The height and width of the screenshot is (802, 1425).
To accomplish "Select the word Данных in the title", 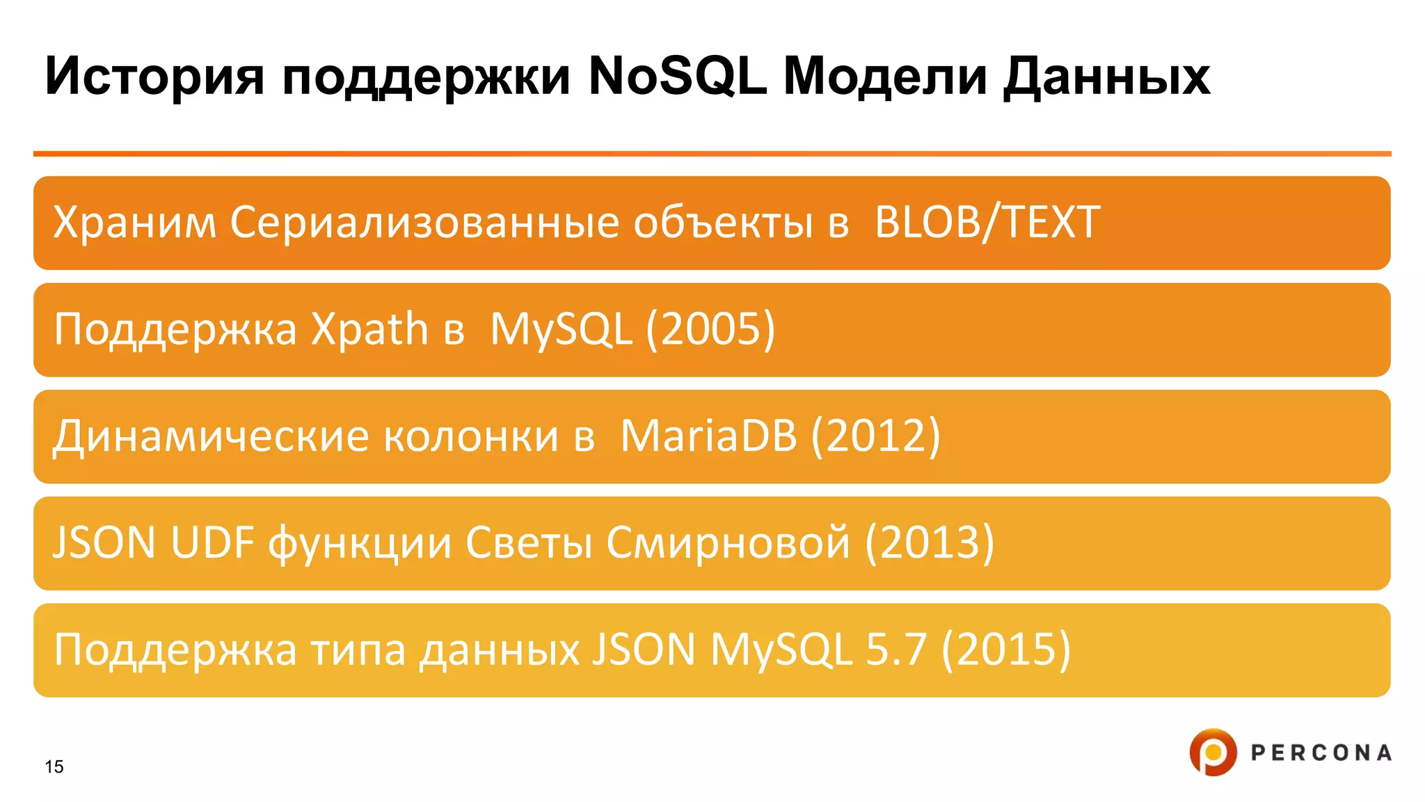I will tap(1106, 77).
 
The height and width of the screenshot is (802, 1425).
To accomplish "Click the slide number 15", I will tap(54, 766).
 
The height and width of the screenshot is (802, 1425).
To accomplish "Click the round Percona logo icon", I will tap(1213, 752).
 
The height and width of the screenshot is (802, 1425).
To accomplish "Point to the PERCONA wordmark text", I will tap(1321, 753).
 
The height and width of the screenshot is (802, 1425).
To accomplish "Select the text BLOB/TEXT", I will tap(987, 223).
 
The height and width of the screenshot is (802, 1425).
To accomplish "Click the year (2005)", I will tap(710, 329).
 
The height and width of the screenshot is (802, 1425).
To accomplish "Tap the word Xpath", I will tap(369, 329).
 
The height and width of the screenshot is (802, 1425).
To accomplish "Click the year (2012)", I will tap(876, 437).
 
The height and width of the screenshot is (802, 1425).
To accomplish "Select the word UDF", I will tap(212, 543).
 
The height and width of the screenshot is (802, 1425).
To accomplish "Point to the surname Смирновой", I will tap(728, 543).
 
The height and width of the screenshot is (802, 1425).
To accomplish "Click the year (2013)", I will tap(930, 543).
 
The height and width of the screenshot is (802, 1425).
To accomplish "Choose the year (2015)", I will tap(1005, 650).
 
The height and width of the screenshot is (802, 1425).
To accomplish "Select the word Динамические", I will tap(211, 437).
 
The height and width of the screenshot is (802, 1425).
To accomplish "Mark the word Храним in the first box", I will tap(134, 223).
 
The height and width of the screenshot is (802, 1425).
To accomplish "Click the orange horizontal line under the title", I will tap(712, 153).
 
